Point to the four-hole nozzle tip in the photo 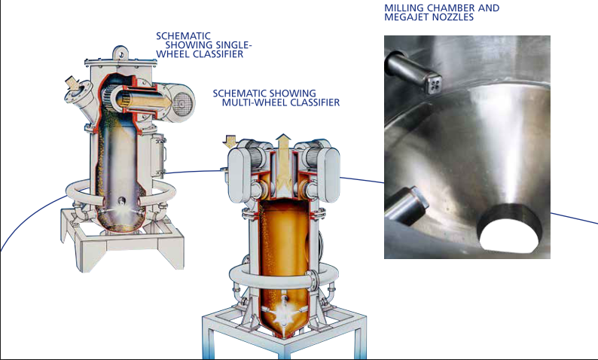tap(435, 84)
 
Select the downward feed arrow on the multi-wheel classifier tap(230, 141)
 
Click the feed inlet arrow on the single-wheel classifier tap(72, 83)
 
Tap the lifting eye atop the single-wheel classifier tap(121, 53)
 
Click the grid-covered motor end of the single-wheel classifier tap(182, 102)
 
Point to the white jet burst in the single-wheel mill tap(121, 209)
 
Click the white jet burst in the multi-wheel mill tap(283, 310)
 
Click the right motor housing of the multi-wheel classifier tap(328, 174)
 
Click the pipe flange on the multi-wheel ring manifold tap(313, 280)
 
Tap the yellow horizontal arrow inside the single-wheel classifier tap(144, 101)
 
